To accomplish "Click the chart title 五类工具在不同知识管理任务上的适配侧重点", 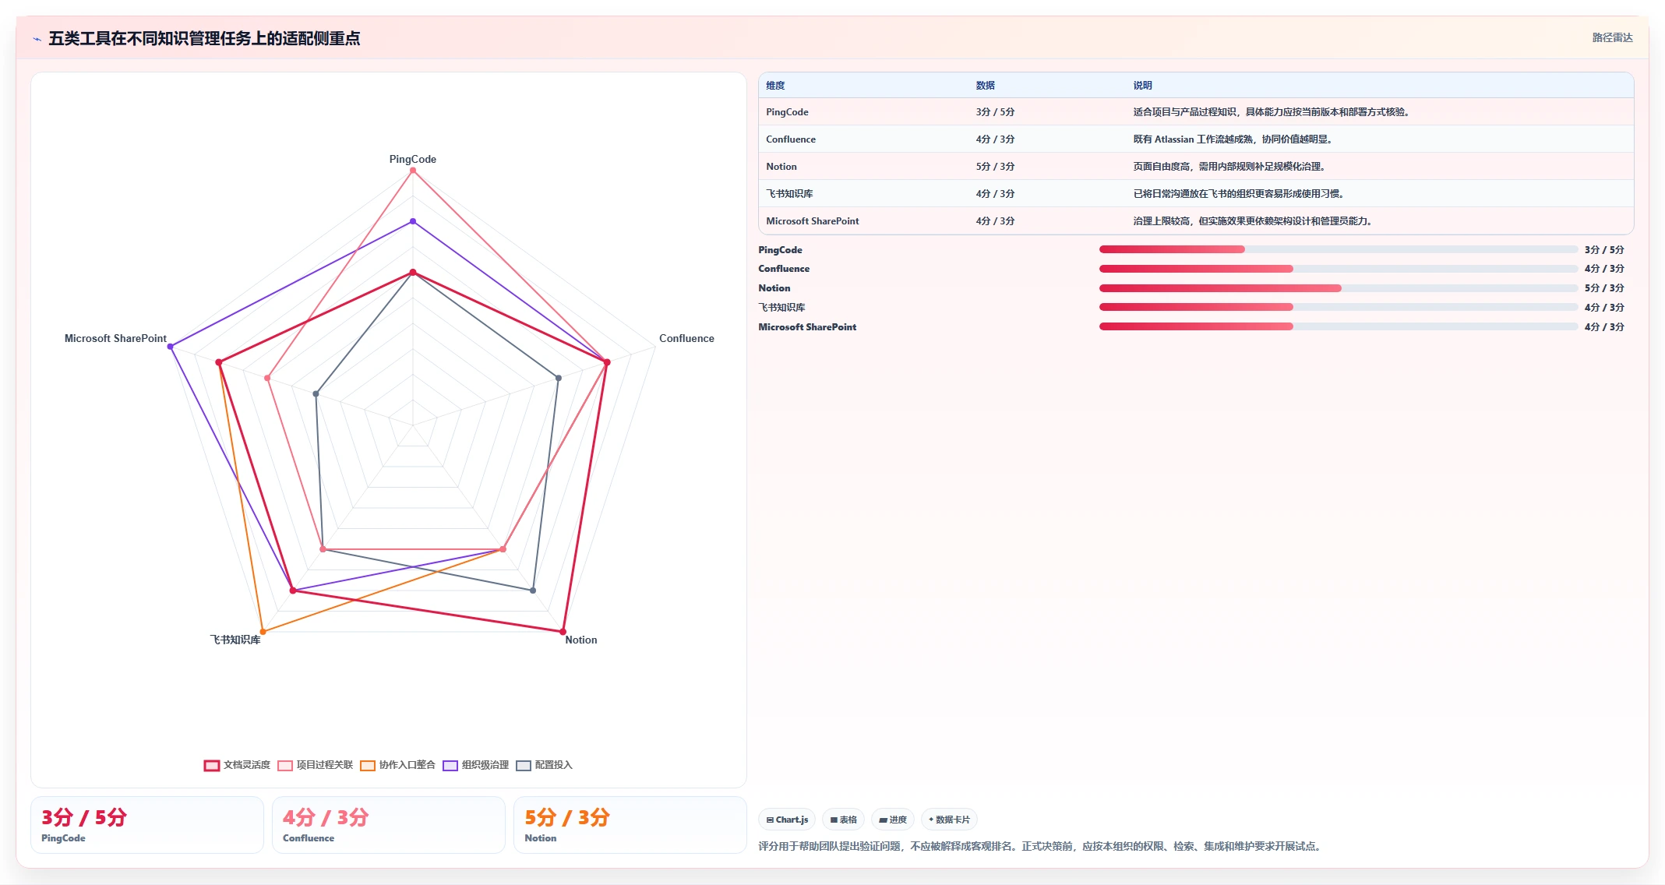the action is (x=204, y=38).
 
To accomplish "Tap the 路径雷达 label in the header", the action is (x=1612, y=37).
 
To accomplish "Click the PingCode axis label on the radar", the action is (x=413, y=159).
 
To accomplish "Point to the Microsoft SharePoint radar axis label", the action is (x=115, y=338).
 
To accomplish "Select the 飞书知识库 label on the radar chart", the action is (x=235, y=640).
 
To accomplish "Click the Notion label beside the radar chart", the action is (x=581, y=640).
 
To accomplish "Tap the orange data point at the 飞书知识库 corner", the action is (x=263, y=632).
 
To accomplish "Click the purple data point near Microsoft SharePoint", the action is (x=171, y=347).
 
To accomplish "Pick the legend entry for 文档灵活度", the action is (x=237, y=765).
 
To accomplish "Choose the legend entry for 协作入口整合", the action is (x=397, y=765).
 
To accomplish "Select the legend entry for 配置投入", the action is (x=544, y=765).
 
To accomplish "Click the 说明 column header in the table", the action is (x=1142, y=86).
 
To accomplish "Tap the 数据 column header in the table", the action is (x=986, y=86).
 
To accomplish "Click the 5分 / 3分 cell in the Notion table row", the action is (x=995, y=167).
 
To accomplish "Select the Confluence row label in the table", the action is (x=791, y=139).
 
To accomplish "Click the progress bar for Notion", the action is (x=1338, y=288).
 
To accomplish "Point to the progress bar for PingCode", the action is (x=1338, y=249).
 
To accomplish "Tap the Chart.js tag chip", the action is (x=787, y=820).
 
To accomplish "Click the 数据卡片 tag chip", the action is (x=949, y=820).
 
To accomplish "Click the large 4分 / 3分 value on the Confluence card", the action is (x=326, y=817).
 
